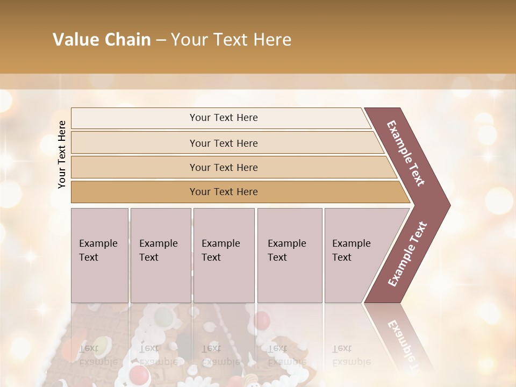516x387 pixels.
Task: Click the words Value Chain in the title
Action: pyautogui.click(x=102, y=40)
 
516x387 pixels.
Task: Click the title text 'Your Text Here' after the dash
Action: pyautogui.click(x=231, y=40)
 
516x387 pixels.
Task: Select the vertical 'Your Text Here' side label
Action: pyautogui.click(x=62, y=154)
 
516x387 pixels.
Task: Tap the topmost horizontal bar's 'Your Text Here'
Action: pyautogui.click(x=224, y=118)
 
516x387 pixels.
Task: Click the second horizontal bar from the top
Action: pyautogui.click(x=224, y=143)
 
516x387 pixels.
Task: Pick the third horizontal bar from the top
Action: pyautogui.click(x=224, y=167)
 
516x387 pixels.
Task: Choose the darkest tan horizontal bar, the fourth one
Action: pyautogui.click(x=224, y=192)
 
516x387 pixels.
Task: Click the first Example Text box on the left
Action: pyautogui.click(x=99, y=255)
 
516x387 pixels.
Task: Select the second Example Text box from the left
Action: pyautogui.click(x=160, y=255)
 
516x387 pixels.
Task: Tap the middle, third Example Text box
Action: pyautogui.click(x=224, y=255)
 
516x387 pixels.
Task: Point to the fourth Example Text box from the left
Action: pyautogui.click(x=289, y=255)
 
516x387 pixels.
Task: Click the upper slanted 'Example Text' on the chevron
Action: pyautogui.click(x=406, y=153)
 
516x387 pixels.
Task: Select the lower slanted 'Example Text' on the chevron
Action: pyautogui.click(x=407, y=254)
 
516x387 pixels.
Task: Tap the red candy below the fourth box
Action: pyautogui.click(x=262, y=320)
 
